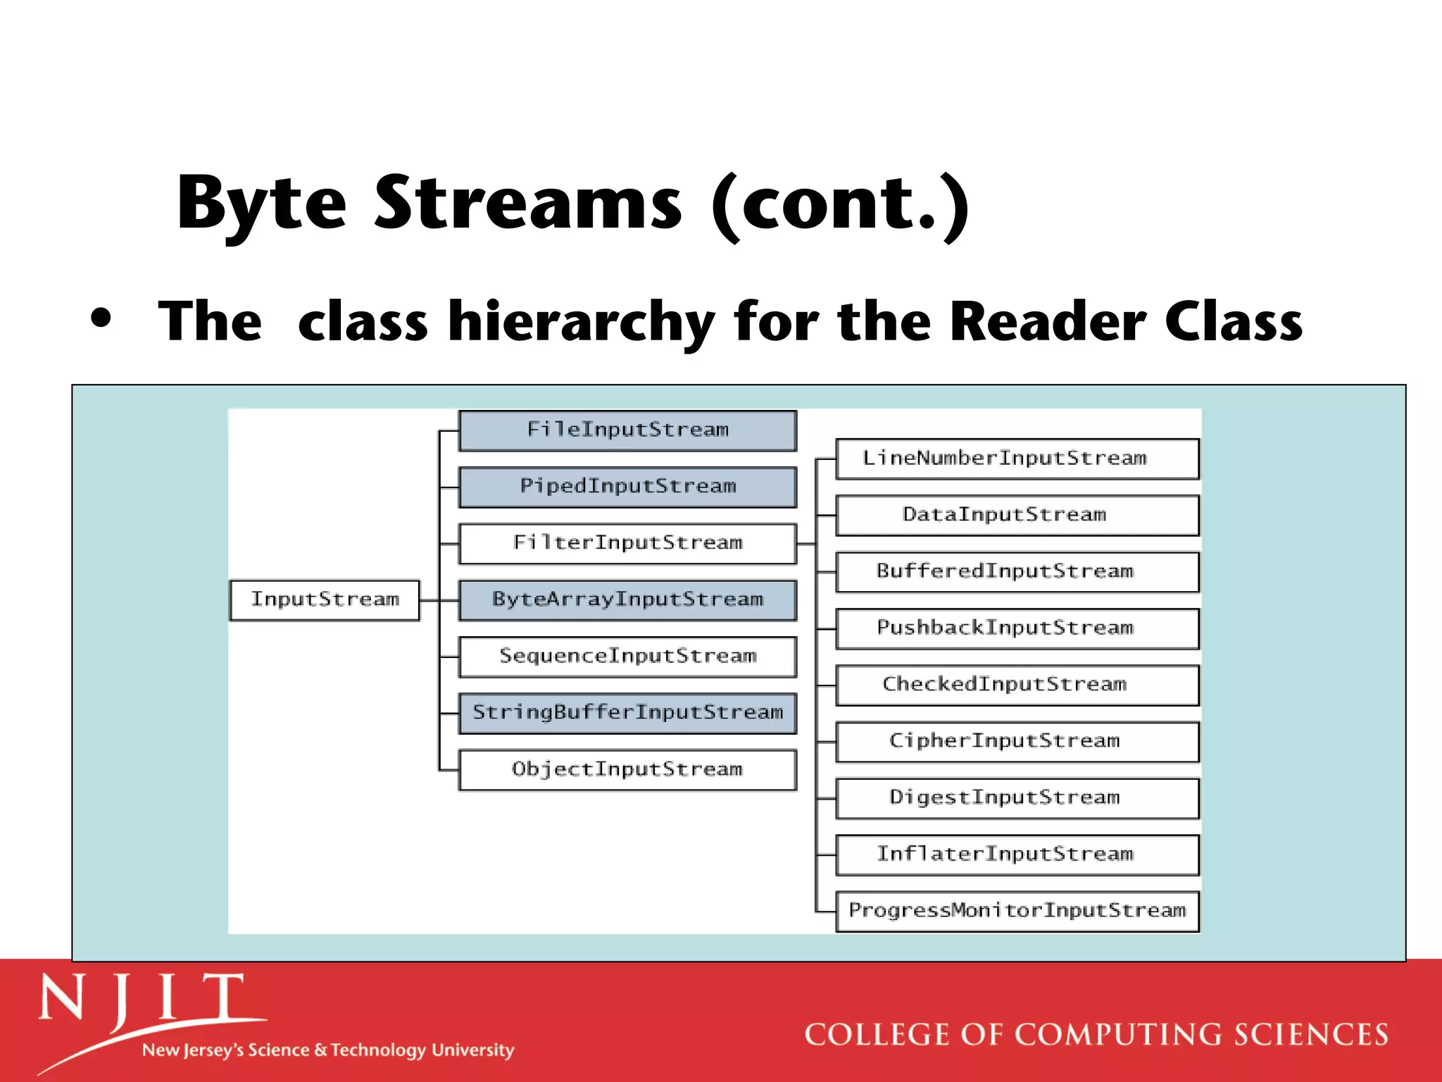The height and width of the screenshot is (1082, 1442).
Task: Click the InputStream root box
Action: pyautogui.click(x=325, y=600)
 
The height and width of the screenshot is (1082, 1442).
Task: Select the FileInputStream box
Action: pyautogui.click(x=627, y=430)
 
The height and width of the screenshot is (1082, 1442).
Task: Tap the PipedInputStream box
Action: pyautogui.click(x=627, y=487)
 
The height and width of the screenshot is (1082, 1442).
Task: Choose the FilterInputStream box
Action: pyautogui.click(x=627, y=543)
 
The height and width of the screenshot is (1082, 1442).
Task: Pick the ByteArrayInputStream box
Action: pyautogui.click(x=627, y=600)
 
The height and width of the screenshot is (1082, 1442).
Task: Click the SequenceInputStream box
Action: pyautogui.click(x=627, y=657)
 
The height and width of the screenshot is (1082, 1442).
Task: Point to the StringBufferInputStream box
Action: pyautogui.click(x=627, y=713)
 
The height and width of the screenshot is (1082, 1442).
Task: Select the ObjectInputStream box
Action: pyautogui.click(x=627, y=770)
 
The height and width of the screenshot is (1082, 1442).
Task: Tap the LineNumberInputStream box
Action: pyautogui.click(x=1017, y=459)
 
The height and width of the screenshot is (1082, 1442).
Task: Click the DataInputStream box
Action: pyautogui.click(x=1017, y=515)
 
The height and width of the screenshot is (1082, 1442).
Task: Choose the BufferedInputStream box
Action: pyautogui.click(x=1017, y=571)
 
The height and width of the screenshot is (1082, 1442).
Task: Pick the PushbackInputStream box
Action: pyautogui.click(x=1017, y=628)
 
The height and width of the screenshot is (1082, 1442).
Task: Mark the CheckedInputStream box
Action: pyautogui.click(x=1017, y=685)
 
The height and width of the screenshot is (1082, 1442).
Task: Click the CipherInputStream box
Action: pyautogui.click(x=1017, y=741)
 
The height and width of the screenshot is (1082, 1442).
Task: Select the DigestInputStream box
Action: pyautogui.click(x=1017, y=798)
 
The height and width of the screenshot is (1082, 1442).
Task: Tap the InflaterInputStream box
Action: pyautogui.click(x=1017, y=854)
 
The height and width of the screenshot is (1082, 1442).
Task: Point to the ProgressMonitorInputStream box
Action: pyautogui.click(x=1017, y=911)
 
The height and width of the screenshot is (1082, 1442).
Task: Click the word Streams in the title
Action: pyautogui.click(x=527, y=204)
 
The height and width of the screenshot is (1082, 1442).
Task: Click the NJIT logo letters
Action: pyautogui.click(x=141, y=999)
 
